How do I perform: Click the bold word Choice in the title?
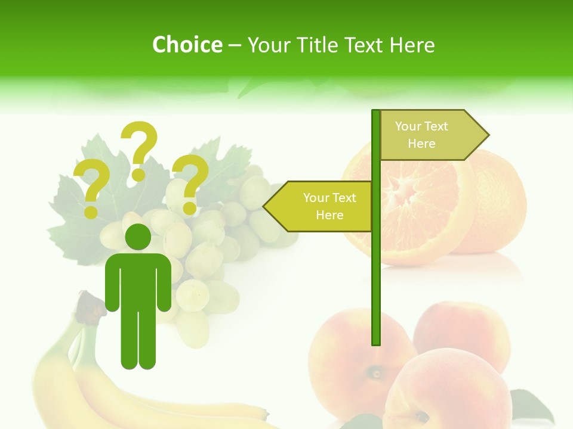[x=187, y=45]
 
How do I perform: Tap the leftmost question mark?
[x=91, y=189]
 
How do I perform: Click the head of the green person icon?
[x=138, y=237]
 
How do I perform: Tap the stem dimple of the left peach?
[x=377, y=374]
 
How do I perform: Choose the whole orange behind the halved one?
[x=498, y=203]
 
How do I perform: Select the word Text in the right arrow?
[x=435, y=126]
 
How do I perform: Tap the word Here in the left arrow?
[x=329, y=215]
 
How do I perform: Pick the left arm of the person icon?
[x=112, y=283]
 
